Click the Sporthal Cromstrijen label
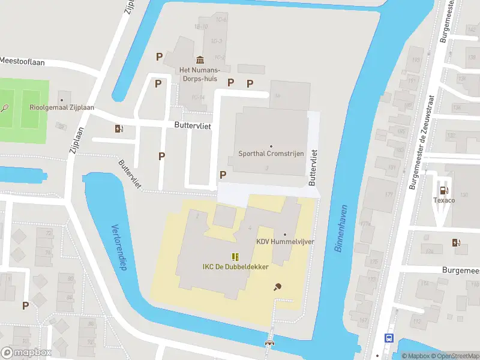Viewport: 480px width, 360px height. [271, 154]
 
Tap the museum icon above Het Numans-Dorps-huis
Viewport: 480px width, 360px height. [199, 59]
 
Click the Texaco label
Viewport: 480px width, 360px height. [444, 200]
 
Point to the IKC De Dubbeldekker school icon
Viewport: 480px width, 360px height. [235, 256]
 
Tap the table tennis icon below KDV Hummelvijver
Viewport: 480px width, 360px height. [277, 286]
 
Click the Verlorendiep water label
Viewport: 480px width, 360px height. [118, 247]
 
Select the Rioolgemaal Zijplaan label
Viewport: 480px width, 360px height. [62, 108]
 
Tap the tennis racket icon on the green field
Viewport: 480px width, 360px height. [4, 109]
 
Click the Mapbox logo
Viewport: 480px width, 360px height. [26, 353]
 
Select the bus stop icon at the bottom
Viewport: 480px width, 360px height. [389, 338]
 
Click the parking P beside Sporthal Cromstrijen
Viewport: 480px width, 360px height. [223, 175]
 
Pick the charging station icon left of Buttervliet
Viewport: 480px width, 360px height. [119, 128]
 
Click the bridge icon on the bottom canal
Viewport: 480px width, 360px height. [269, 343]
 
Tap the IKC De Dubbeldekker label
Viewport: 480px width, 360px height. [235, 266]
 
